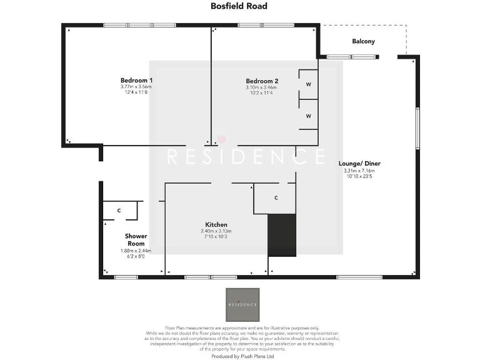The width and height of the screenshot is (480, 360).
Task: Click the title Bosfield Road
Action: (x=239, y=6)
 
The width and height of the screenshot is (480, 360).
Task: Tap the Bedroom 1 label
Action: (x=136, y=80)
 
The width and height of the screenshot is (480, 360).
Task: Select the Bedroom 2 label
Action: (x=262, y=81)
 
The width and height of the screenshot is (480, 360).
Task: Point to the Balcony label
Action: (x=363, y=41)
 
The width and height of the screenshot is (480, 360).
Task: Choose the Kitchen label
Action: (x=216, y=224)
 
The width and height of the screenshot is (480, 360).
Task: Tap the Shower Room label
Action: (x=136, y=240)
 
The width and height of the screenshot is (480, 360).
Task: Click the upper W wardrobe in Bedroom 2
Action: (x=309, y=84)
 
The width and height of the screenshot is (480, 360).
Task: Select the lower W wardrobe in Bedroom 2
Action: (x=309, y=116)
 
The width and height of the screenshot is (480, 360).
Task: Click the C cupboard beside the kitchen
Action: (x=276, y=198)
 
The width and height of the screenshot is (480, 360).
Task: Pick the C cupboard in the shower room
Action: (x=119, y=210)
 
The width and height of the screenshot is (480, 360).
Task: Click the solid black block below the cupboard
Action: (x=281, y=234)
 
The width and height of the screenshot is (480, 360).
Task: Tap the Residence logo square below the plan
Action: (x=242, y=304)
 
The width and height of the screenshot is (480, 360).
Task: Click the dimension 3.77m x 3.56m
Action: (x=136, y=87)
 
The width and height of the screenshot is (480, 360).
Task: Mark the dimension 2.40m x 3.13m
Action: (x=216, y=231)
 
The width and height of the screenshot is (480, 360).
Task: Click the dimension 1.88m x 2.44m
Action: (x=136, y=251)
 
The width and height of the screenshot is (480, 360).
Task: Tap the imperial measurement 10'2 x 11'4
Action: (x=262, y=93)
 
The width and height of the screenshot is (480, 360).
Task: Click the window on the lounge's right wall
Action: (x=417, y=128)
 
